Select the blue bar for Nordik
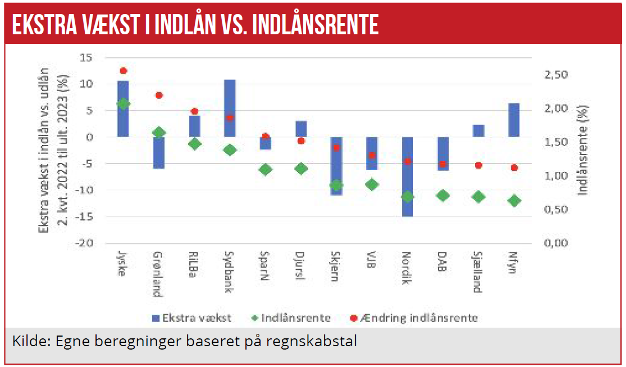tap(408, 176)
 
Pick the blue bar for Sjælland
tap(479, 130)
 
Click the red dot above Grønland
tap(159, 95)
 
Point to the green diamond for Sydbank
tap(230, 150)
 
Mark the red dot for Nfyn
tap(514, 167)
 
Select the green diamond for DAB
tap(443, 196)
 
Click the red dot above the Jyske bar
tap(124, 71)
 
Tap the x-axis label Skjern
tap(336, 267)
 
